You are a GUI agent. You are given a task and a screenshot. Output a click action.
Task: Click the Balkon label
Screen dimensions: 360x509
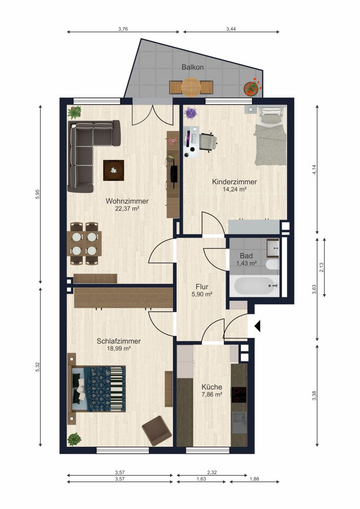point(193,67)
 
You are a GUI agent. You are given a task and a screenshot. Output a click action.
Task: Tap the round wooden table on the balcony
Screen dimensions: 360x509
point(191,87)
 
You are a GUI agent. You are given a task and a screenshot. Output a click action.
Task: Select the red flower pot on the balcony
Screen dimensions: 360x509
point(252,87)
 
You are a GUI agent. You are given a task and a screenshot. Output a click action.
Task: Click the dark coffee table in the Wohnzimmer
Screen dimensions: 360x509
point(114,170)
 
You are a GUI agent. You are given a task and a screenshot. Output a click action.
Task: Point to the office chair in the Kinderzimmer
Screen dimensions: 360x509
point(208,142)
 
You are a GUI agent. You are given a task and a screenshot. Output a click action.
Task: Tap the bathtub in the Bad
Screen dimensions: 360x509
point(254,286)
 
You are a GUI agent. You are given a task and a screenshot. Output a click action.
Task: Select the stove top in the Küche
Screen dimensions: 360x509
point(238,395)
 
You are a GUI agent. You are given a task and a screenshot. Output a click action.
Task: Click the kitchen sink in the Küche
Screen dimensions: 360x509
point(239,422)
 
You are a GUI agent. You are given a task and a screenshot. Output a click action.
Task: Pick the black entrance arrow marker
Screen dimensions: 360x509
point(257,326)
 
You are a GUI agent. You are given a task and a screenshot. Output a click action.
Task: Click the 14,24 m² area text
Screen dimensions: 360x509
point(234,189)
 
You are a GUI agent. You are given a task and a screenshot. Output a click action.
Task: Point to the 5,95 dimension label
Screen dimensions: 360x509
point(37,195)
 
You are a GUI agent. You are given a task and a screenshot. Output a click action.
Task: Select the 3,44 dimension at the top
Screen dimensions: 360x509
point(231,29)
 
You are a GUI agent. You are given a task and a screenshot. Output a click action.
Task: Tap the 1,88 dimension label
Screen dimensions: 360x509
point(254,479)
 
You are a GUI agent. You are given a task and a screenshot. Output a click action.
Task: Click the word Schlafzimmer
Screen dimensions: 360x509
point(119,341)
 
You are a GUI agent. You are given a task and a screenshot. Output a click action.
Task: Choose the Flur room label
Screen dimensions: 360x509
point(202,287)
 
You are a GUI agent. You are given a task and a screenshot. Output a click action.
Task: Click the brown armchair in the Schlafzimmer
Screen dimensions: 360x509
point(157,430)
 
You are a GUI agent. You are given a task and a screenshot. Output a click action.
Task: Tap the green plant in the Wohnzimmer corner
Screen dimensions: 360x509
point(74,112)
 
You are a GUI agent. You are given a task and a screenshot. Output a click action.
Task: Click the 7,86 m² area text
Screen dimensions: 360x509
point(212,394)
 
